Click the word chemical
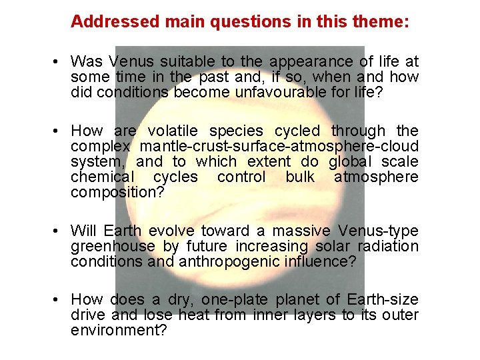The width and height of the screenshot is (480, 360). coord(101,177)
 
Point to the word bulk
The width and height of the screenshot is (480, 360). coord(300,177)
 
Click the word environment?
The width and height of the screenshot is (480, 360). coord(119,330)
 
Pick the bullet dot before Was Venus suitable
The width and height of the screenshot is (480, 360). coord(59,62)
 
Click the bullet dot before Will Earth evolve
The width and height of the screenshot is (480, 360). coord(59,231)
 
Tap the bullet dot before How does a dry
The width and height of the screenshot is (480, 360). coord(59,299)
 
